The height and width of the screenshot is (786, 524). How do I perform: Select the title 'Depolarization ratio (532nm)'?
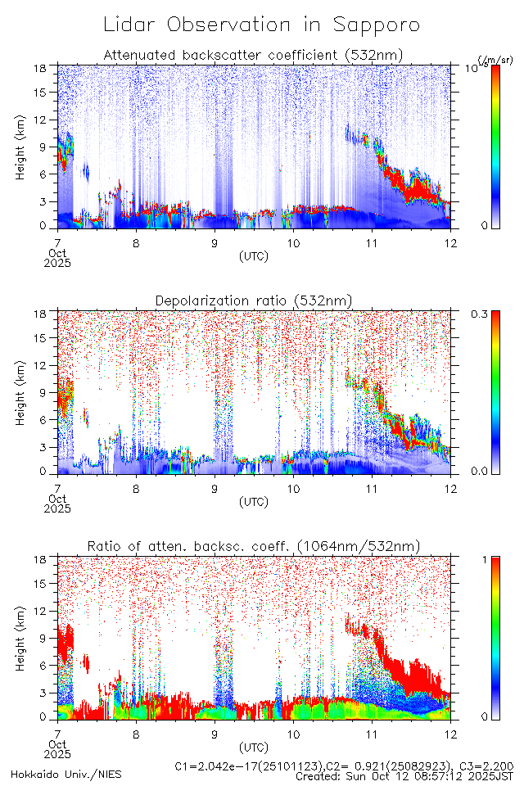253,301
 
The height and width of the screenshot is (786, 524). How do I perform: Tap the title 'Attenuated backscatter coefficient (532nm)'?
253,55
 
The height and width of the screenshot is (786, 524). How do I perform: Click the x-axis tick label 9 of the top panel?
215,242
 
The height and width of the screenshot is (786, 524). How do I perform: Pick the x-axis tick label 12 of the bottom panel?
449,733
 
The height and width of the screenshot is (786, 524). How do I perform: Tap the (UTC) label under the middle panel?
253,501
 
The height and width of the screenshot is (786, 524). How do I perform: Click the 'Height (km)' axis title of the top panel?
20,147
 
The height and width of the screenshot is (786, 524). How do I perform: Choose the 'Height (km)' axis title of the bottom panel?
20,639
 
